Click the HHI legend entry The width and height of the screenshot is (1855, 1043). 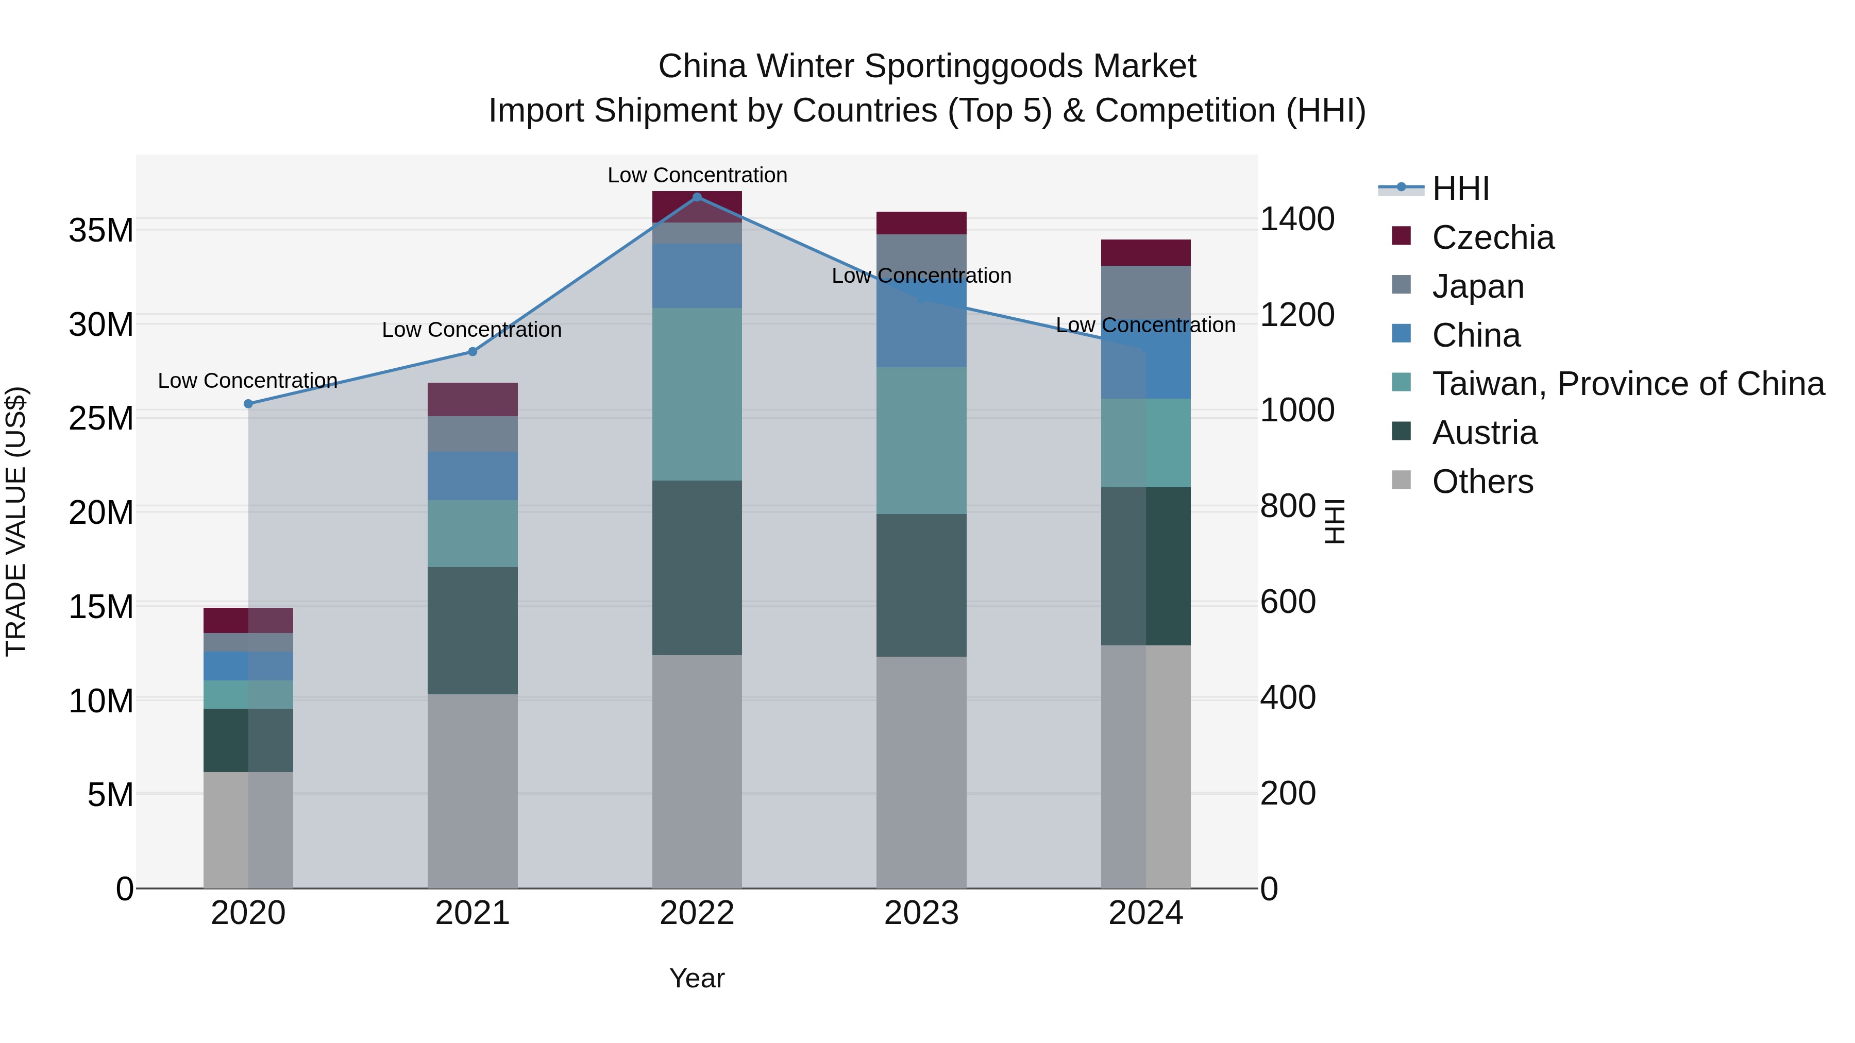click(1460, 189)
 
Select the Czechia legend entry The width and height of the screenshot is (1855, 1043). click(1493, 237)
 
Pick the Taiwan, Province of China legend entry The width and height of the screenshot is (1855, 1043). click(1627, 384)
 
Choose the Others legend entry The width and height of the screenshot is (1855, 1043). click(1482, 482)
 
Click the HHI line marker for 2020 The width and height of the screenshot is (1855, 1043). click(248, 404)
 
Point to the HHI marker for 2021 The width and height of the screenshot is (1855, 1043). click(473, 352)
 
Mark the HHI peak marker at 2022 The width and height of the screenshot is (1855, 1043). click(697, 197)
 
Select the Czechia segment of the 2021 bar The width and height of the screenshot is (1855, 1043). click(473, 400)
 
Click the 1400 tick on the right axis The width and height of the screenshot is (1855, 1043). click(1297, 219)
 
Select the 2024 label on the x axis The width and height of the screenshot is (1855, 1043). click(1145, 913)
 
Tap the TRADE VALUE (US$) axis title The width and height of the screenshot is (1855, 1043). click(16, 521)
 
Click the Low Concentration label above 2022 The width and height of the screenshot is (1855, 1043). click(697, 175)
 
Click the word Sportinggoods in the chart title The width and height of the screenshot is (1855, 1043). click(976, 66)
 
